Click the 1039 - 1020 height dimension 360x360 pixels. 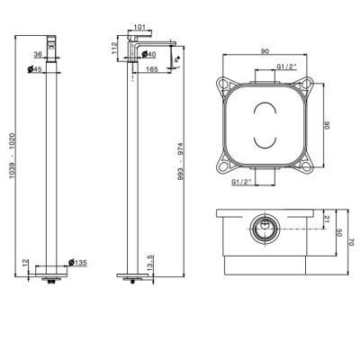point(12,156)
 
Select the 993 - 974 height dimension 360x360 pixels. point(180,162)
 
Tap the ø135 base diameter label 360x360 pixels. point(77,263)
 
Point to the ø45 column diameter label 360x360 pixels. point(35,69)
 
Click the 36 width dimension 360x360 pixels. point(38,54)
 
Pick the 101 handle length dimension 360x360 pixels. point(139,27)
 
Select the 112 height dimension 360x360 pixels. point(114,48)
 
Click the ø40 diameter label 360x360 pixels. point(148,54)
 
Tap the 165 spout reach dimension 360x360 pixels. point(152,69)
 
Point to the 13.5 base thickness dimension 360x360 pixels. point(150,262)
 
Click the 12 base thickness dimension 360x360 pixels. point(26,263)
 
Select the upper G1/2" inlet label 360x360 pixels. point(286,67)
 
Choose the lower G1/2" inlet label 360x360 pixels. point(241,182)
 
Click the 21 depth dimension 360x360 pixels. point(327,219)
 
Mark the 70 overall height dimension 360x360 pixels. point(352,242)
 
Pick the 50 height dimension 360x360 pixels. point(339,232)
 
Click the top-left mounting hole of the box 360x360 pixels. point(223,84)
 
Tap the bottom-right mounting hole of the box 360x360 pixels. point(306,166)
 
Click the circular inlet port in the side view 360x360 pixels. point(265,229)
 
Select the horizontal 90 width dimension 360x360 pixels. point(265,51)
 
